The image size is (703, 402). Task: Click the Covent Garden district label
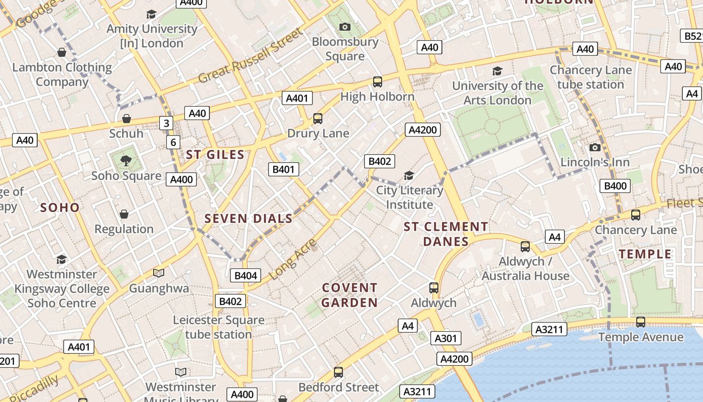[x=349, y=295]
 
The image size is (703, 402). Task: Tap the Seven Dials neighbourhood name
[x=249, y=219]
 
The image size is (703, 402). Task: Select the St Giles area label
[x=215, y=155]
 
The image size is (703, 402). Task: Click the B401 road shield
[x=283, y=169]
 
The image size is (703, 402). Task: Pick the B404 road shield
[x=246, y=275]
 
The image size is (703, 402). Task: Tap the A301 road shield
[x=445, y=338]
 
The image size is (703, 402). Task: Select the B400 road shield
[x=615, y=186]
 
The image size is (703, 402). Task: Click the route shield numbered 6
[x=173, y=142]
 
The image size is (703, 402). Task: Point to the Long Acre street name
[x=293, y=260]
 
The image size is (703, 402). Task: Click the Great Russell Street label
[x=251, y=55]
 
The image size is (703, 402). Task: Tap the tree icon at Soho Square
[x=126, y=161]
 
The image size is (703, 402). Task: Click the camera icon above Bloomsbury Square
[x=344, y=27]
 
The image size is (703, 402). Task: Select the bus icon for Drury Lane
[x=317, y=119]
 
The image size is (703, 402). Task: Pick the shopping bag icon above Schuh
[x=127, y=119]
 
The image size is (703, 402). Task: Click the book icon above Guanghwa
[x=159, y=273]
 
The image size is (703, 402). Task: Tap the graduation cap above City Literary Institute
[x=409, y=175]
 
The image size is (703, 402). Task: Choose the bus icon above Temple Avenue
[x=640, y=322]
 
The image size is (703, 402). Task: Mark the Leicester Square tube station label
[x=218, y=327]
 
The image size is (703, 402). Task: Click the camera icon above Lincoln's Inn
[x=595, y=147]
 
